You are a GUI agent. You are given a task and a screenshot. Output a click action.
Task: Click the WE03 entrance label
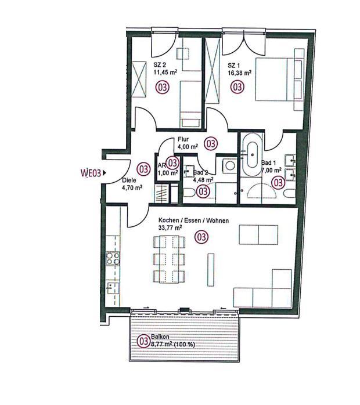(91, 173)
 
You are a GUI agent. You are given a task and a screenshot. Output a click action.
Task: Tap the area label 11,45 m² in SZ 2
(165, 72)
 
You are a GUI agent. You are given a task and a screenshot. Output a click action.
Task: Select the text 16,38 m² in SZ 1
(240, 73)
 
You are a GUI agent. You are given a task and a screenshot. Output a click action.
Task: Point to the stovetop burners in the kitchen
(113, 259)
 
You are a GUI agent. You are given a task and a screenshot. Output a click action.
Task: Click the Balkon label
(160, 337)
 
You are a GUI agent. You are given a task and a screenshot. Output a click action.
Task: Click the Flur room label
(183, 140)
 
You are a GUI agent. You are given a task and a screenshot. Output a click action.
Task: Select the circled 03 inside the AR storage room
(172, 162)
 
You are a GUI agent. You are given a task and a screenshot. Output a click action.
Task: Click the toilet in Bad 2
(188, 193)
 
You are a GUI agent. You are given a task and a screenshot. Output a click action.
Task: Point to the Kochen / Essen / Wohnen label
(193, 220)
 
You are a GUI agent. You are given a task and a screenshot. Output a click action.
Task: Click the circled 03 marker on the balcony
(143, 341)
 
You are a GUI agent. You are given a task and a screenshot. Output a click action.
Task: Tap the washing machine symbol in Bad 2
(229, 165)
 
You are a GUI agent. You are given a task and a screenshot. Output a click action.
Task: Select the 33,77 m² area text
(170, 228)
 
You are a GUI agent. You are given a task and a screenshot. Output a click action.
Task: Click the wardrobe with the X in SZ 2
(139, 79)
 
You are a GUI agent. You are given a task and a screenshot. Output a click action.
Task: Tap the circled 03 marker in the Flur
(211, 143)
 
